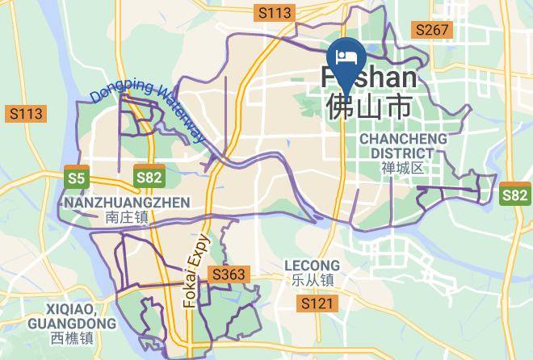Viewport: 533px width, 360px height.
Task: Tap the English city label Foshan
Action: pos(370,78)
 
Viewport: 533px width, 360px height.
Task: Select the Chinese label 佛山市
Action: pos(367,107)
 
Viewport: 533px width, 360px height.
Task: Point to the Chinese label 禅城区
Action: pos(403,168)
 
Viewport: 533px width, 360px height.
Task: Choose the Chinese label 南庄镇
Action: pos(127,216)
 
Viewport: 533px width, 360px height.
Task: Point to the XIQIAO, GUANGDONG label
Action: pos(71,316)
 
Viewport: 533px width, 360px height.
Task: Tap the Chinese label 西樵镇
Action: pos(71,338)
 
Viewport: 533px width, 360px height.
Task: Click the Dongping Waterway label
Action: pos(149,113)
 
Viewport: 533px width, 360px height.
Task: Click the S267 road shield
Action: pos(432,30)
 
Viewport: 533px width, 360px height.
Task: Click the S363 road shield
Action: pos(228,275)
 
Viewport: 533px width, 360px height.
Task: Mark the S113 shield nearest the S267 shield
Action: pos(274,12)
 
